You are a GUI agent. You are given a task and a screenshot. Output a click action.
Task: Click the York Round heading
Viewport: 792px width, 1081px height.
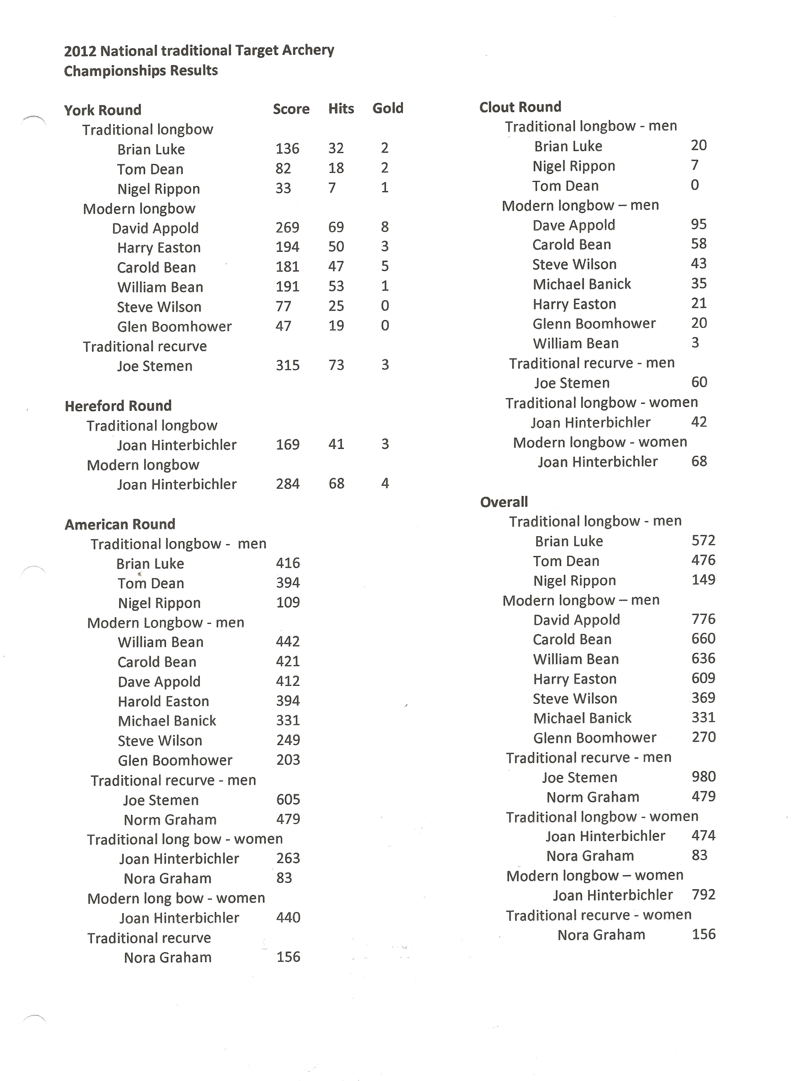[x=103, y=110]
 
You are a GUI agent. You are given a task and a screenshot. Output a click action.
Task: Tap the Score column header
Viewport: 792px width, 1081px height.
[x=291, y=109]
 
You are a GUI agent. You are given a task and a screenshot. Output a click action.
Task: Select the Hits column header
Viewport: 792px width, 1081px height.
[x=341, y=109]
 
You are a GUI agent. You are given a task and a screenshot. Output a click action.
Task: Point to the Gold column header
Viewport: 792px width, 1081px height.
[x=388, y=108]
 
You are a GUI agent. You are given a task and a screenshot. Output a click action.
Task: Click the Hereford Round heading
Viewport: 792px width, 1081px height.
[x=118, y=406]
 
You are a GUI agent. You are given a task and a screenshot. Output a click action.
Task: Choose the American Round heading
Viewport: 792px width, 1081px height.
[x=120, y=524]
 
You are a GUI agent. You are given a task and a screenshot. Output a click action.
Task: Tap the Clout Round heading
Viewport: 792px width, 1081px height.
[x=520, y=107]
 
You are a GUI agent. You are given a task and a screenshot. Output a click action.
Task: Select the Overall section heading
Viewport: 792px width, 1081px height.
[x=504, y=502]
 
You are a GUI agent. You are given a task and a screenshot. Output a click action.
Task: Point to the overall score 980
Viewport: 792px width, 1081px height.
[x=703, y=776]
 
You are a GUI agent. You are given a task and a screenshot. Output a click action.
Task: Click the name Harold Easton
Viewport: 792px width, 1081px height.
[x=164, y=701]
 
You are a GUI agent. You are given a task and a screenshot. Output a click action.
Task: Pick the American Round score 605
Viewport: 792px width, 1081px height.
[x=288, y=799]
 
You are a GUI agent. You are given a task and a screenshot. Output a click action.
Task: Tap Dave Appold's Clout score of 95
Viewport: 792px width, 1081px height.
[x=699, y=224]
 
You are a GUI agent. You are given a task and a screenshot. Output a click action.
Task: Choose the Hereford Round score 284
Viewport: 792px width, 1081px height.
[x=288, y=484]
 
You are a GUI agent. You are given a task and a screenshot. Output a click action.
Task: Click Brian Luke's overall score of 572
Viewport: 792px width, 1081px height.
[x=703, y=540]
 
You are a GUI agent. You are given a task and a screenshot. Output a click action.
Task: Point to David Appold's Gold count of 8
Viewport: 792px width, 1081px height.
[x=385, y=227]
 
